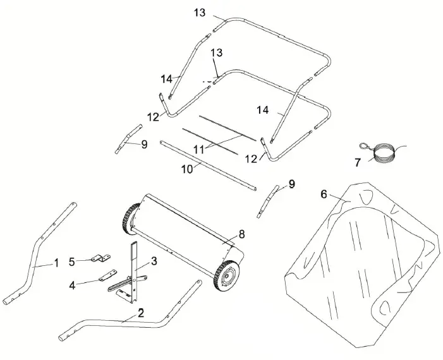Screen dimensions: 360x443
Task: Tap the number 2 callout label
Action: [140, 313]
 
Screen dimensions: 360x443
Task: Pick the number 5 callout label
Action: [71, 260]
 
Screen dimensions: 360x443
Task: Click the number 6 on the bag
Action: [324, 195]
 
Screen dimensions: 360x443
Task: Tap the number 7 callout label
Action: [358, 162]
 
